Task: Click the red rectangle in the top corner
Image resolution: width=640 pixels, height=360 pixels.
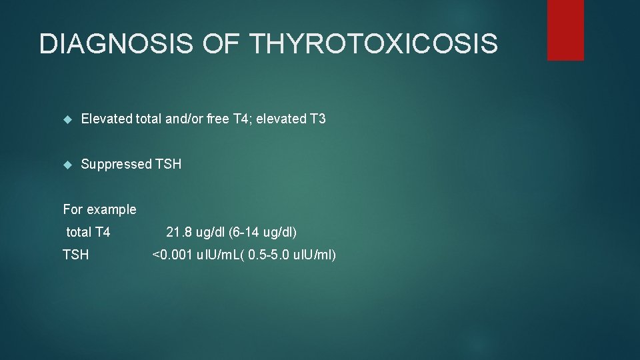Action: [565, 30]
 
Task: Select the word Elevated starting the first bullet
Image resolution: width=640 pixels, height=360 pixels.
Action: [106, 119]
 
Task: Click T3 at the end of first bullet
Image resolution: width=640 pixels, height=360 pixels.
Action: [317, 119]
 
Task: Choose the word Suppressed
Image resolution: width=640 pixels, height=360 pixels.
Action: [116, 164]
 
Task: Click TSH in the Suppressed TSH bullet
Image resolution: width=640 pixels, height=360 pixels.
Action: [168, 164]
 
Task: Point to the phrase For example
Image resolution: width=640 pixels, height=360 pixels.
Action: [99, 209]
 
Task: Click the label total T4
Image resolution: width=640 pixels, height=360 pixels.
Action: [88, 233]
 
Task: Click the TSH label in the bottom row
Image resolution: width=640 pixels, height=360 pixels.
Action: [75, 255]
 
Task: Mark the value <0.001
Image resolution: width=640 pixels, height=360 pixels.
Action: [172, 255]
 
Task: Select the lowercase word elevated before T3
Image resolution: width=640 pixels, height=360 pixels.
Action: [282, 119]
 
